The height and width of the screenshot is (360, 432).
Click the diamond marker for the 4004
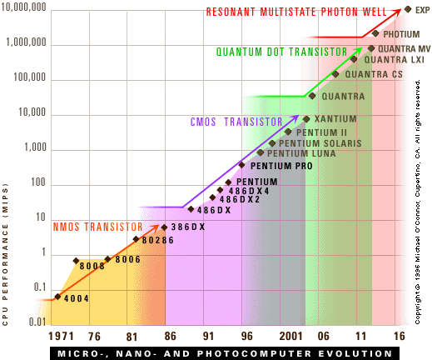pyautogui.click(x=57, y=297)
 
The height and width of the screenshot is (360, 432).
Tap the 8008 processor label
pyautogui.click(x=92, y=266)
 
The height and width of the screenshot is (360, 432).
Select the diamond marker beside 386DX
pyautogui.click(x=164, y=227)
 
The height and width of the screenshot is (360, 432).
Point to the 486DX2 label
pyautogui.click(x=240, y=199)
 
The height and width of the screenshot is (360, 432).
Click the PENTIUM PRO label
pyautogui.click(x=281, y=166)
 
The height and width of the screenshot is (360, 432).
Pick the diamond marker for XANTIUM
pyautogui.click(x=306, y=119)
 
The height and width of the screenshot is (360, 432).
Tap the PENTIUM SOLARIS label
pyautogui.click(x=320, y=143)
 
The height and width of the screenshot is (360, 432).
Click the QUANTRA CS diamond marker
pyautogui.click(x=335, y=74)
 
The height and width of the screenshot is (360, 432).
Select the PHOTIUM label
pyautogui.click(x=401, y=34)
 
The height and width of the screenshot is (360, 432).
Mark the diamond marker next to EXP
pyautogui.click(x=408, y=9)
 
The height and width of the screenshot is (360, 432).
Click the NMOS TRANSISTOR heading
pyautogui.click(x=97, y=227)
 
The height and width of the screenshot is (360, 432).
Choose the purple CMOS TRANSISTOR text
pyautogui.click(x=236, y=122)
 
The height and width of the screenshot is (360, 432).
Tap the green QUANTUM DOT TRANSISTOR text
pyautogui.click(x=281, y=52)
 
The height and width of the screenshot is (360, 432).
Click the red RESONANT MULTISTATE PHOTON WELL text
pyautogui.click(x=296, y=12)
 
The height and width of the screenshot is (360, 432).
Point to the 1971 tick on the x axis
pyautogui.click(x=61, y=337)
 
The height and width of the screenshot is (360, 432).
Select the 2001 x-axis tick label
pyautogui.click(x=290, y=337)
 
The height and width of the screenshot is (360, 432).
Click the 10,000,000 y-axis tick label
pyautogui.click(x=23, y=7)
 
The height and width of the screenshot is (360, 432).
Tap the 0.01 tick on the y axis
pyautogui.click(x=37, y=322)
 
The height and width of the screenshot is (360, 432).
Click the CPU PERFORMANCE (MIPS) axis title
pyautogui.click(x=5, y=254)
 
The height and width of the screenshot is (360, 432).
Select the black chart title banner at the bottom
pyautogui.click(x=225, y=353)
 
